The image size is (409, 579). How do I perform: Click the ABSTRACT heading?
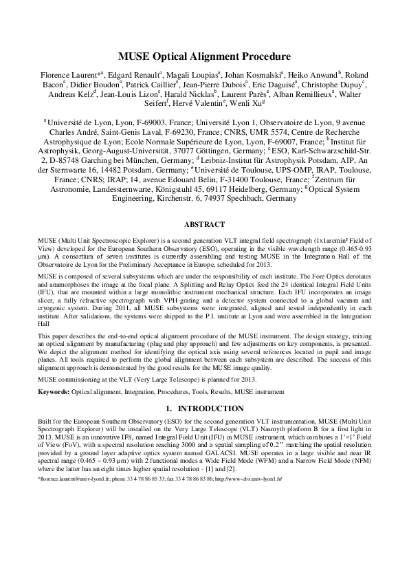(x=204, y=223)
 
